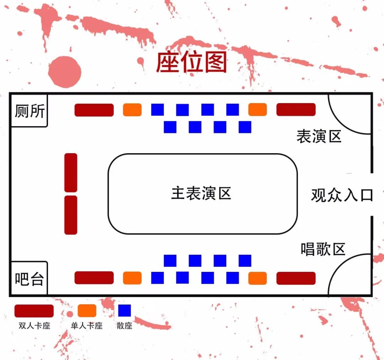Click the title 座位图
[x=192, y=63]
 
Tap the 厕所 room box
[x=30, y=111]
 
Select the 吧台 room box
[x=29, y=279]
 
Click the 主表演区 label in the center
[x=201, y=194]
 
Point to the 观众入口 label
[x=342, y=195]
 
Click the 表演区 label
[x=319, y=136]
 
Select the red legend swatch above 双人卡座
[x=34, y=311]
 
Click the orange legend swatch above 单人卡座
[x=87, y=311]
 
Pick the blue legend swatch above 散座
[x=124, y=311]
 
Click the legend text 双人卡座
[x=34, y=326]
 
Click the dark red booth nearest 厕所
[x=94, y=110]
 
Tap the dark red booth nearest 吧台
[x=94, y=278]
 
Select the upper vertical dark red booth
[x=71, y=172]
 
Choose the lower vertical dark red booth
[x=71, y=215]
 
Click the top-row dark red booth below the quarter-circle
[x=296, y=109]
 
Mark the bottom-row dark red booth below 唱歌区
[x=296, y=278]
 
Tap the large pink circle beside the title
[x=65, y=72]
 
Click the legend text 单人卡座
[x=87, y=326]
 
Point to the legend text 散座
[x=124, y=326]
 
